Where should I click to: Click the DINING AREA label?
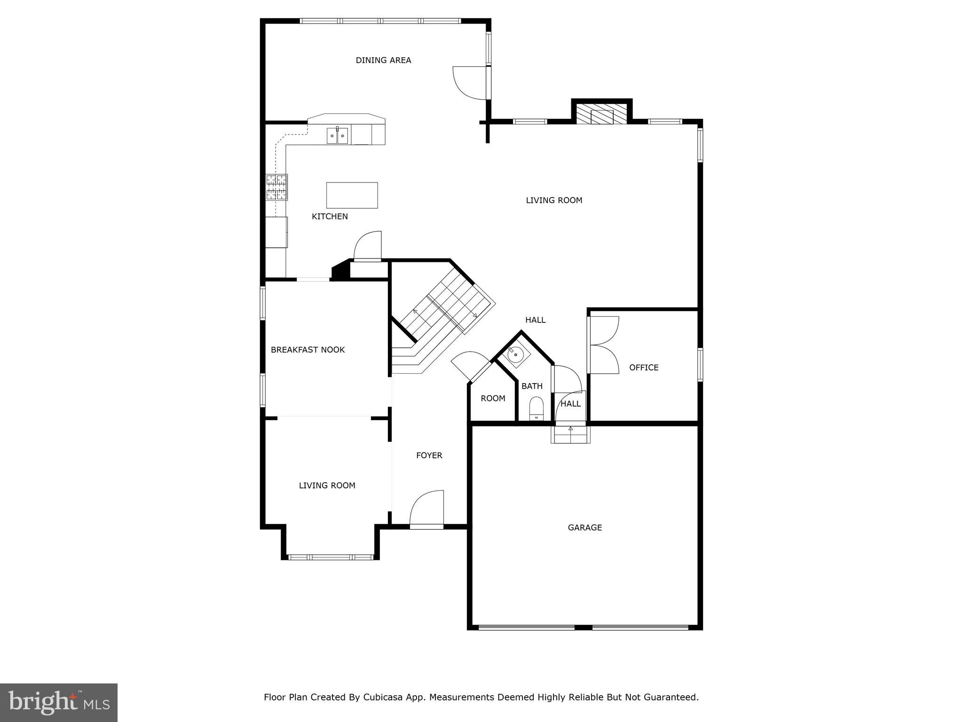point(383,60)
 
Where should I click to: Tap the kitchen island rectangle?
point(352,195)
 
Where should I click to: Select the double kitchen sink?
point(338,136)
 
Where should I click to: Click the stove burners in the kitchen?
point(276,187)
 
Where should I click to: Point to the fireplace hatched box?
point(602,114)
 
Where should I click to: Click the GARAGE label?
point(584,527)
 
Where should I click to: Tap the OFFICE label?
point(644,368)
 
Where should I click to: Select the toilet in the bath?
point(536,408)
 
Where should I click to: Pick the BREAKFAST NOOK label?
point(308,350)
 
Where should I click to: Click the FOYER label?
point(429,455)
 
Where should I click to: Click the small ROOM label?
point(493,399)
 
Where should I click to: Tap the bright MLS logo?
point(59,702)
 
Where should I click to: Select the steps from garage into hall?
point(570,434)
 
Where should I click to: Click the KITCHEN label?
point(330,216)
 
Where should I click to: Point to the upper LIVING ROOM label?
point(554,200)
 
